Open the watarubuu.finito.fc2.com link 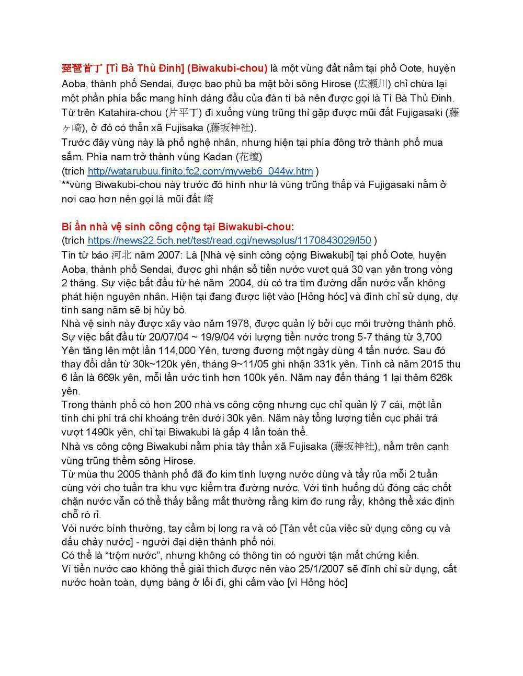pyautogui.click(x=200, y=171)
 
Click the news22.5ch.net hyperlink pyautogui.click(x=229, y=240)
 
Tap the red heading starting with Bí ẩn pyautogui.click(x=178, y=227)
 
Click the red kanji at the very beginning pyautogui.click(x=82, y=68)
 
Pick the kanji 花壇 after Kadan pyautogui.click(x=249, y=157)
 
